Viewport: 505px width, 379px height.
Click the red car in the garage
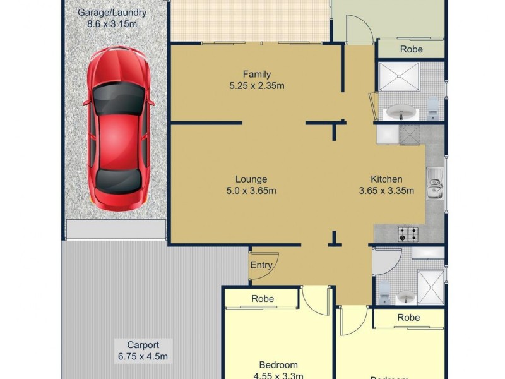(x=118, y=129)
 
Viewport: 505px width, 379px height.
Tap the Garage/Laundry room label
(x=112, y=13)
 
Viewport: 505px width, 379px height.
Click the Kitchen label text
(x=386, y=179)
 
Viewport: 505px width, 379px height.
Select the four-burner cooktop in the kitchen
(x=408, y=234)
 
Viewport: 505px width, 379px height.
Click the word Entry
(x=261, y=265)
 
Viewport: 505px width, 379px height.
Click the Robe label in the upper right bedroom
(x=411, y=49)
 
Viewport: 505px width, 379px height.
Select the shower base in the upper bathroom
(x=399, y=78)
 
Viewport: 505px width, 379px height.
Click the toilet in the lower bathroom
(x=385, y=291)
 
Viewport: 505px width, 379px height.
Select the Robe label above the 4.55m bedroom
(x=261, y=298)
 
